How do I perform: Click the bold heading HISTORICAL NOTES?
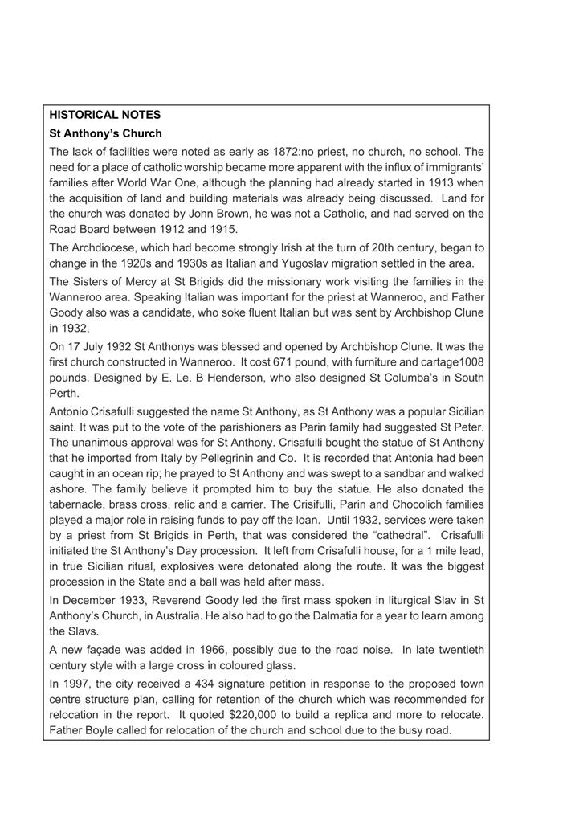click(x=105, y=115)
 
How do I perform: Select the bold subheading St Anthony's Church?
click(x=105, y=133)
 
